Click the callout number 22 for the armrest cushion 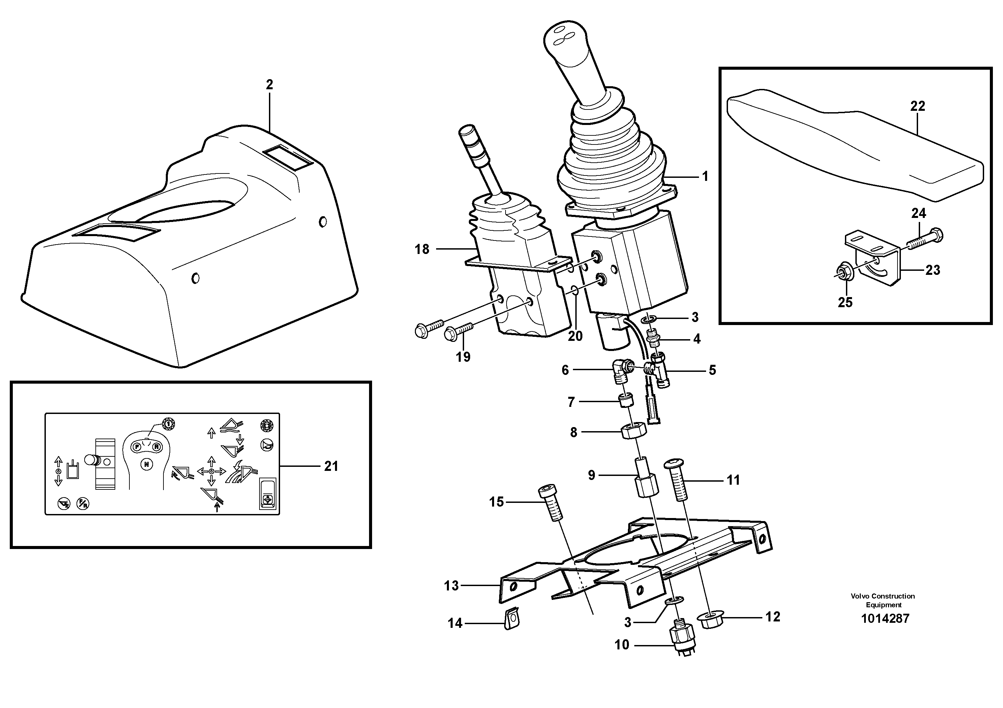(917, 106)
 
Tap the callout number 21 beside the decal (331, 466)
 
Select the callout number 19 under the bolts (463, 357)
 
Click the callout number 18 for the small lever (422, 249)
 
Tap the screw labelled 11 (677, 480)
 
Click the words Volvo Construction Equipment (883, 600)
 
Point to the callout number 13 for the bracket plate (451, 585)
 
